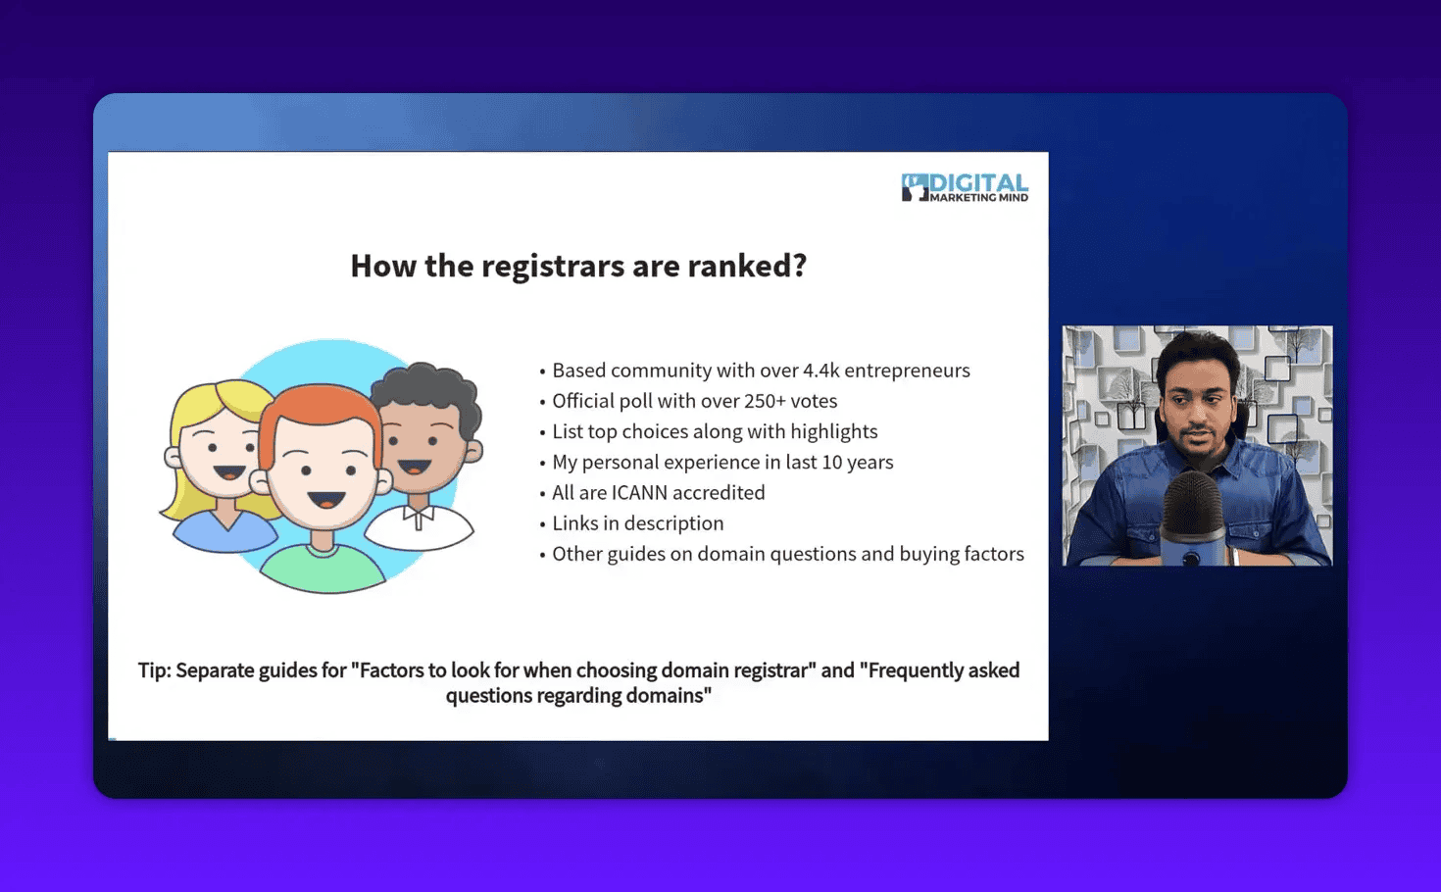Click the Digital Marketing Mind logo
pos(965,186)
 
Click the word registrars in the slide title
pos(553,266)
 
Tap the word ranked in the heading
pos(742,266)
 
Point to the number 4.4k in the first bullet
pos(820,371)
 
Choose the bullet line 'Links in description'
pos(637,523)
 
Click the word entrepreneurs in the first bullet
pos(907,371)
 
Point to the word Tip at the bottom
pos(154,670)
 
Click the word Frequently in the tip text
pos(913,670)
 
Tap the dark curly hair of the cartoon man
pos(431,387)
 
